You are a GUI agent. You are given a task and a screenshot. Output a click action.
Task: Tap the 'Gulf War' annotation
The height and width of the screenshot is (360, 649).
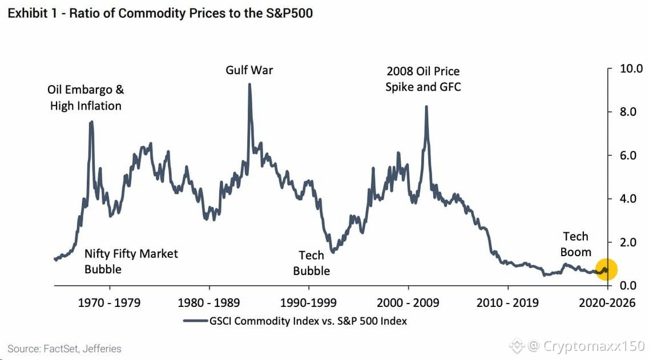click(x=249, y=70)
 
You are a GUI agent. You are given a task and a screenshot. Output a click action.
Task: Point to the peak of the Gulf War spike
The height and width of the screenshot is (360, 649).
click(x=249, y=84)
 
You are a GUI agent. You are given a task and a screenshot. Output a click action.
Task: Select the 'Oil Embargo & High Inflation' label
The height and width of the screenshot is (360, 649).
click(x=86, y=98)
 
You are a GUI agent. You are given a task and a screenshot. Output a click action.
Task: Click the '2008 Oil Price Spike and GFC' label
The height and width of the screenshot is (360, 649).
click(x=423, y=79)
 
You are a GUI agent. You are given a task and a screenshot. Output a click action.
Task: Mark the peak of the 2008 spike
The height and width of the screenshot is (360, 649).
click(x=426, y=106)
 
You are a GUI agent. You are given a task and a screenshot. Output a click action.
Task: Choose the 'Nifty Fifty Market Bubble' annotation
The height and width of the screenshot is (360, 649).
click(x=131, y=261)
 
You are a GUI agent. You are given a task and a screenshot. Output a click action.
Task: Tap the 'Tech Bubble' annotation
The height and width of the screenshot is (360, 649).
click(x=311, y=263)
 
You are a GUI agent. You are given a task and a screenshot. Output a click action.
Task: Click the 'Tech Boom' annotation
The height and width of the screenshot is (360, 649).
click(x=575, y=244)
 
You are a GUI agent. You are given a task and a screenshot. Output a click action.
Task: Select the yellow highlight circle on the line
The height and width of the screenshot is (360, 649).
click(x=606, y=269)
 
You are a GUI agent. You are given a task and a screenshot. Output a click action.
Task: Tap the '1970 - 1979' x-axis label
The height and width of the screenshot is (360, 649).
click(x=109, y=303)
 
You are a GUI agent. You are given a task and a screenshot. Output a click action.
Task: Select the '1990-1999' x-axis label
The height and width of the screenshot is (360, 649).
click(x=308, y=303)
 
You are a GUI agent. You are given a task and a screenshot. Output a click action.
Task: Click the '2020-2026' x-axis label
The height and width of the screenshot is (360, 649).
click(x=607, y=303)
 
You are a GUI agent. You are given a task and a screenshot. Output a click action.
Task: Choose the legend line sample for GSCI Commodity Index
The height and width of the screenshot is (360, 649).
click(x=195, y=321)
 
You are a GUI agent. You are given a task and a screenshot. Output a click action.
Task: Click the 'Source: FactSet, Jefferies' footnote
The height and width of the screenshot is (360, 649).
click(x=64, y=349)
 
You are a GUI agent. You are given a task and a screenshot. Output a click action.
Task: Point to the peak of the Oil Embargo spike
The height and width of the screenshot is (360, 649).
click(x=91, y=122)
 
